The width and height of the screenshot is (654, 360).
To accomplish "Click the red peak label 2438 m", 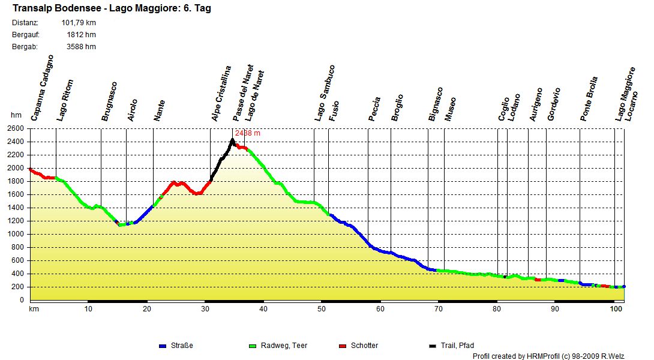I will (x=248, y=133).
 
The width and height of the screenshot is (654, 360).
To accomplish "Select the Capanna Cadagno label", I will (x=43, y=88).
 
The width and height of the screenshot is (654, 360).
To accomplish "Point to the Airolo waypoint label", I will (x=133, y=110).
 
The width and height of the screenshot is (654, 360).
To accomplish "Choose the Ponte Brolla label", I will (x=589, y=99).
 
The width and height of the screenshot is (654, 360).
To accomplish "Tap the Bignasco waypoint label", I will (x=436, y=104).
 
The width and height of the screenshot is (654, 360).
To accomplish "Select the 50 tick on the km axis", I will (x=322, y=309).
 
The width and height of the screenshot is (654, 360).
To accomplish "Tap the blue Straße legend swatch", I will (x=162, y=346).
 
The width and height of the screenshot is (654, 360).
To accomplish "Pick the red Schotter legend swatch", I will (x=343, y=346).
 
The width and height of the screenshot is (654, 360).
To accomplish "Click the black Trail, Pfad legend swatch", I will (x=432, y=346).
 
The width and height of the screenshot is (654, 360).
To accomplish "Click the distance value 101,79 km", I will (x=79, y=23).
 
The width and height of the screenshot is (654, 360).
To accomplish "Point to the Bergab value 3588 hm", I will (x=81, y=47).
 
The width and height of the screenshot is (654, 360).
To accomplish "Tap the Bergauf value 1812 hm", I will (x=81, y=35).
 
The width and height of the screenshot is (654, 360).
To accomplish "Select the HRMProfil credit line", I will (x=548, y=356).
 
